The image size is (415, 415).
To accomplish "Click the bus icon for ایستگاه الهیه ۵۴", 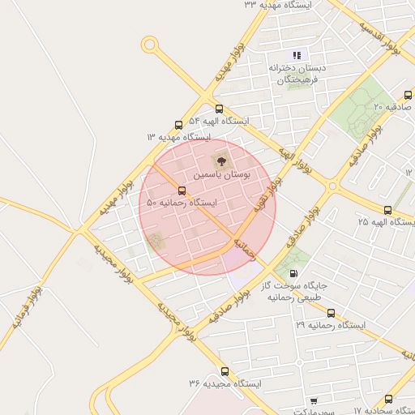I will (x=219, y=109).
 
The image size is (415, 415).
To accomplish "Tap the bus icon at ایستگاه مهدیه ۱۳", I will (x=179, y=126).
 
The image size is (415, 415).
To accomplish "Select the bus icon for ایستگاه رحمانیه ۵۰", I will (x=182, y=191).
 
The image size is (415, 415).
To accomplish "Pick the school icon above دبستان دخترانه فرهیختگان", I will (x=297, y=55).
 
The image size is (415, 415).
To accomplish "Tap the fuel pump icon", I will (x=292, y=273).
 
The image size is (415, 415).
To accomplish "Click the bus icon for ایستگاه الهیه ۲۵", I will (x=387, y=210).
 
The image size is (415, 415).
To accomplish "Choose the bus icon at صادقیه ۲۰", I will (x=408, y=96).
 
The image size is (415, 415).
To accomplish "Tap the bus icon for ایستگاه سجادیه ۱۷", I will (x=389, y=400).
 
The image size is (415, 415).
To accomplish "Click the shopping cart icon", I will (x=314, y=401).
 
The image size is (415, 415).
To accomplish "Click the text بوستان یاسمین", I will (x=221, y=175).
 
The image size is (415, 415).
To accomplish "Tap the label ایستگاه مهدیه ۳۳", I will (x=283, y=5).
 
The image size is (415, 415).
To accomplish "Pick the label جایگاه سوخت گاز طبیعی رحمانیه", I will (x=293, y=292).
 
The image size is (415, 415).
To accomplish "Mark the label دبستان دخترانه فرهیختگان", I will (x=297, y=75).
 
